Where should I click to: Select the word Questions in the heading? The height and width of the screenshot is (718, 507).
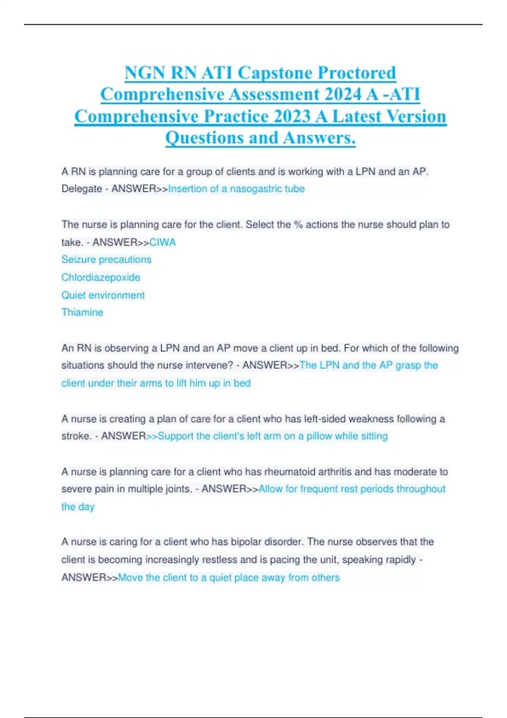coord(204,138)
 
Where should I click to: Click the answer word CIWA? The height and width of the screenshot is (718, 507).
coord(163,242)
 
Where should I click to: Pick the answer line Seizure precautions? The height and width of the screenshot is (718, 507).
coord(106,259)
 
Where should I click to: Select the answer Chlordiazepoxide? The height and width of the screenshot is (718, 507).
coord(101,277)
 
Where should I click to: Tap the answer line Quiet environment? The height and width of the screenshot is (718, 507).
coord(103,295)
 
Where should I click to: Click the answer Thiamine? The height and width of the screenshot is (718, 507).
coord(82,312)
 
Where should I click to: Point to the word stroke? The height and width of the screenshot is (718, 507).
coord(76,436)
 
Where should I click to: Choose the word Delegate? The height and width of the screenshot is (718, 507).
coord(82,189)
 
